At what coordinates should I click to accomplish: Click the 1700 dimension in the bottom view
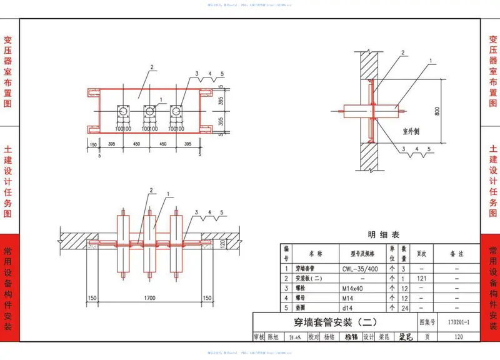[149, 298]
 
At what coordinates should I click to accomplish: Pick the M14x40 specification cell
[354, 288]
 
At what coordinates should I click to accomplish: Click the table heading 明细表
[383, 235]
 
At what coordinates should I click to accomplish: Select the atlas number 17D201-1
[459, 322]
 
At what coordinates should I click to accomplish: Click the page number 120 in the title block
[459, 337]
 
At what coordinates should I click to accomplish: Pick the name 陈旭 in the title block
[273, 337]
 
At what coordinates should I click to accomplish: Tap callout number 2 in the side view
[402, 53]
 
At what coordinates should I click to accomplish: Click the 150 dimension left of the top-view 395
[93, 144]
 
